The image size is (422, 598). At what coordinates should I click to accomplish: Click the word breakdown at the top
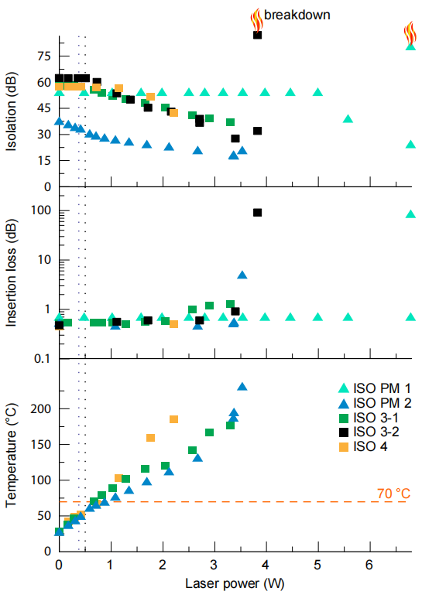coord(297,15)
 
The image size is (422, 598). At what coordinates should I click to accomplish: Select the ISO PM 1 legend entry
coord(375,388)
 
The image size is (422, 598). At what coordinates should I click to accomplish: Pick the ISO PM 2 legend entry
coord(375,403)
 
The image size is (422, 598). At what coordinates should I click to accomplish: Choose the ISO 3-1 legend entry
coord(369,418)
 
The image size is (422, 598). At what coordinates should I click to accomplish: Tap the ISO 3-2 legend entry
coord(369,432)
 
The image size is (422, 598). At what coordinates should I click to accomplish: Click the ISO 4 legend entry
coord(363,446)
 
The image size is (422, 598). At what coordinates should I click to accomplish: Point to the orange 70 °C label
coord(393,494)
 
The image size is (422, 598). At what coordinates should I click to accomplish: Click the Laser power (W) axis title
coord(235,584)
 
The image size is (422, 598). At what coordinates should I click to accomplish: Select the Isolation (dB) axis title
coord(12,111)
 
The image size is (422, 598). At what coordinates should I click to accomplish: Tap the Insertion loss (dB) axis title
coord(12,272)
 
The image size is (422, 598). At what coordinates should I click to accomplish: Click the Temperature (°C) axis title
coord(12,455)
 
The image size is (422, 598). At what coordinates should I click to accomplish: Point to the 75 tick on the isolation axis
coord(44,56)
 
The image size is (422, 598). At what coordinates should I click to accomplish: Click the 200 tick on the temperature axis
coord(41,408)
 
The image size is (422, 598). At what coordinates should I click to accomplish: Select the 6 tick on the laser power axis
coord(369,565)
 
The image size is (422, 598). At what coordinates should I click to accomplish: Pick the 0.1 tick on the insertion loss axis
coord(43,358)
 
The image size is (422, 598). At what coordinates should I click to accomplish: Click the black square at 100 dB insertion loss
coord(258,213)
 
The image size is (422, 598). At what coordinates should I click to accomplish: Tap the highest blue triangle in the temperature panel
coord(242,387)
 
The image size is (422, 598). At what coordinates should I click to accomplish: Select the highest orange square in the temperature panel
coord(173,419)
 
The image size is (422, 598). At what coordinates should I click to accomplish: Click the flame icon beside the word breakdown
coord(256,20)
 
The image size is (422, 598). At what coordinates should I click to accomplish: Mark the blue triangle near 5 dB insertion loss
coord(242,275)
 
